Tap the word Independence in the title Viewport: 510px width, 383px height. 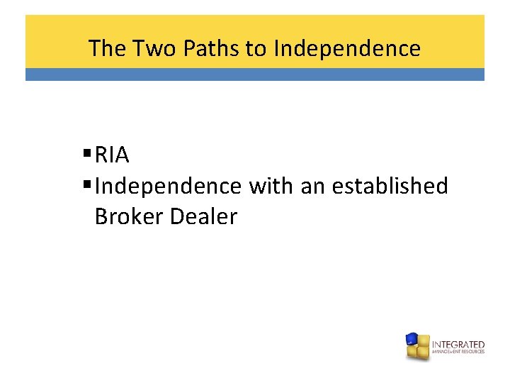(347, 48)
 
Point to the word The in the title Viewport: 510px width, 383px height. (106, 48)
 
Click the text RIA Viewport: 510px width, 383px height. (111, 155)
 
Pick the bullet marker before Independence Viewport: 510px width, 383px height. (87, 186)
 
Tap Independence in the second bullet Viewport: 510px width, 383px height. (168, 186)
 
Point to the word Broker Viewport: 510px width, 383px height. (130, 216)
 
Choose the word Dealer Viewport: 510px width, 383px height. (204, 216)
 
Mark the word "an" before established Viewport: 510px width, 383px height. (312, 186)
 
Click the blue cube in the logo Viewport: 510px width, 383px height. (412, 339)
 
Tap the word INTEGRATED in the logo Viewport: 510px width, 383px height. (458, 344)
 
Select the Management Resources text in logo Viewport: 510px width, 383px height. (458, 351)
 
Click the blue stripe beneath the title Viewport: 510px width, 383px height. (255, 74)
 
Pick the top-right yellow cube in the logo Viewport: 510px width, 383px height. (423, 340)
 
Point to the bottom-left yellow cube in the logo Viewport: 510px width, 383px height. (412, 351)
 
